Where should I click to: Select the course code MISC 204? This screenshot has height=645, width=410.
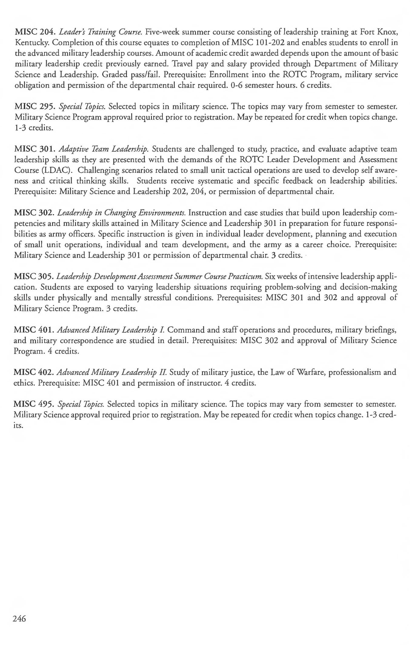[35, 32]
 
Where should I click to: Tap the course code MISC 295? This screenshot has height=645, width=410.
[35, 107]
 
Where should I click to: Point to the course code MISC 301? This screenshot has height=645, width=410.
[35, 149]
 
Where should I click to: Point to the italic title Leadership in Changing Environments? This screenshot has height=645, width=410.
[121, 213]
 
